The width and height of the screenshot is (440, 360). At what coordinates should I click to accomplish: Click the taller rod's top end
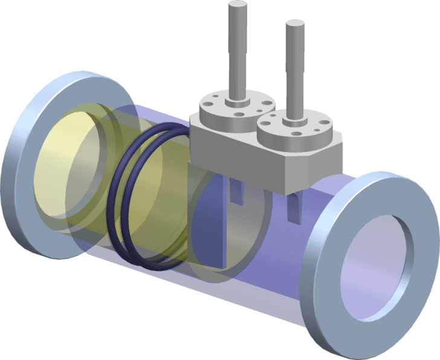237,7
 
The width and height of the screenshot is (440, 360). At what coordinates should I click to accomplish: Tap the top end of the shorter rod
294,24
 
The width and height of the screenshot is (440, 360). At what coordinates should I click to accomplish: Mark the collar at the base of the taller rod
237,97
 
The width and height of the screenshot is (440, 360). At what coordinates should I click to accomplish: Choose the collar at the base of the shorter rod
296,116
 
